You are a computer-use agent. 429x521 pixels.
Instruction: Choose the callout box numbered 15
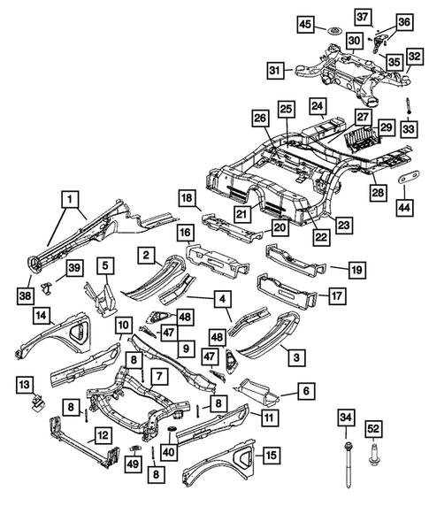(x=272, y=456)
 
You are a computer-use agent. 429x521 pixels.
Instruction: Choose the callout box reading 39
(x=74, y=268)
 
